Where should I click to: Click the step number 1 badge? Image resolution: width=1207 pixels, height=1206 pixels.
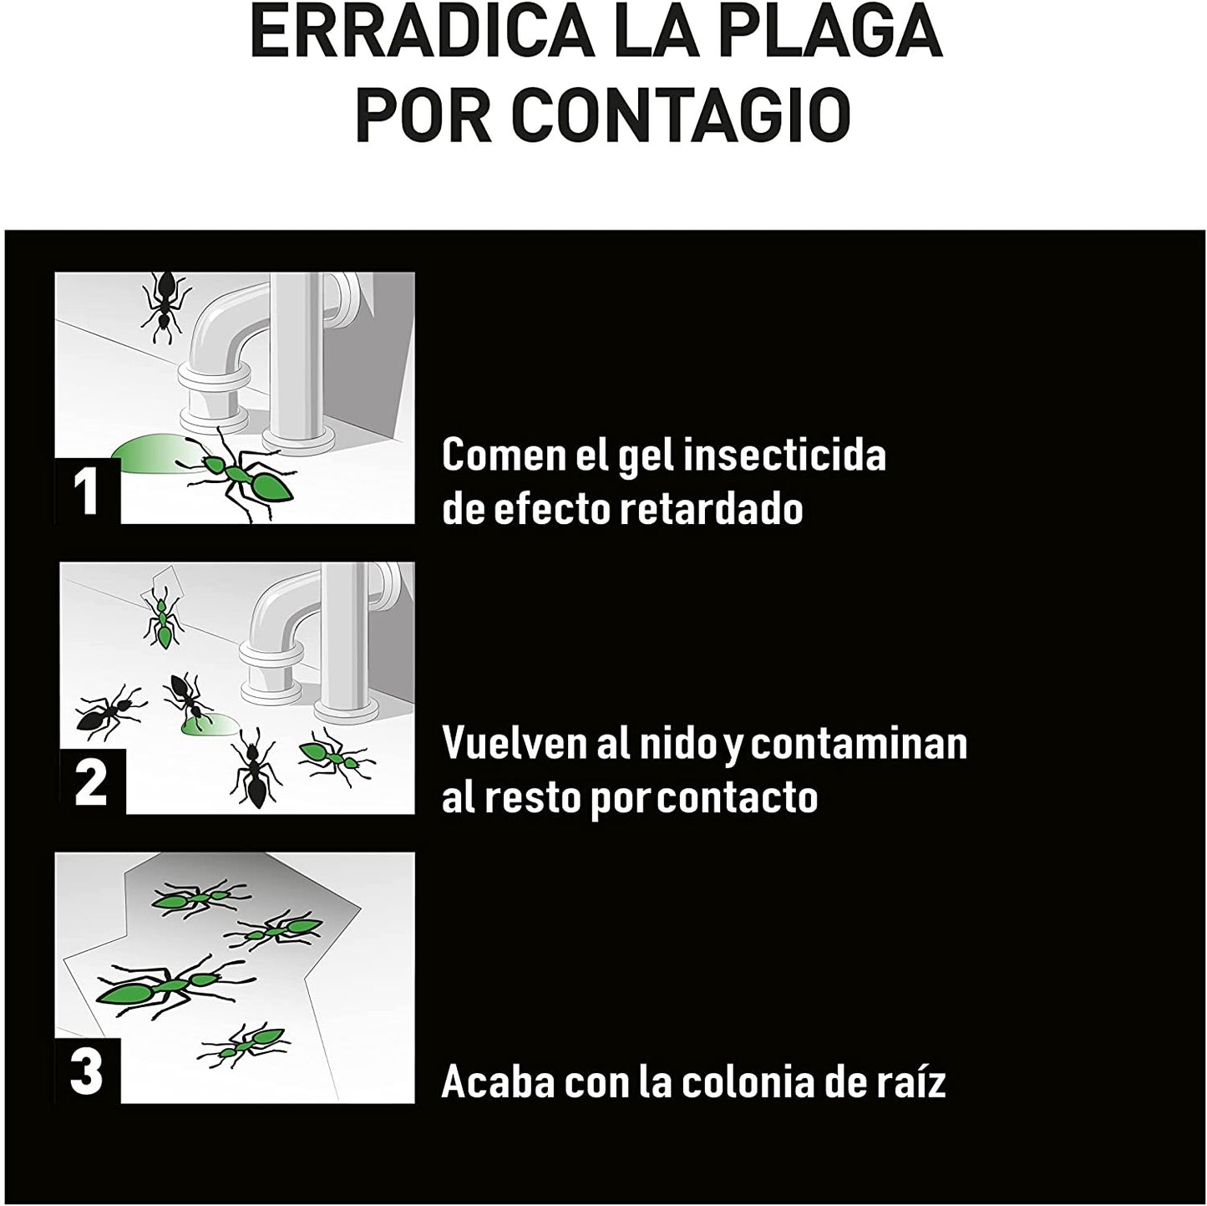coord(88,491)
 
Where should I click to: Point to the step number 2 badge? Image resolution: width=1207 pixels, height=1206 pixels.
coord(92,781)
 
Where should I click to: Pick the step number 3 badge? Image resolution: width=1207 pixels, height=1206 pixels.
coord(88,1071)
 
